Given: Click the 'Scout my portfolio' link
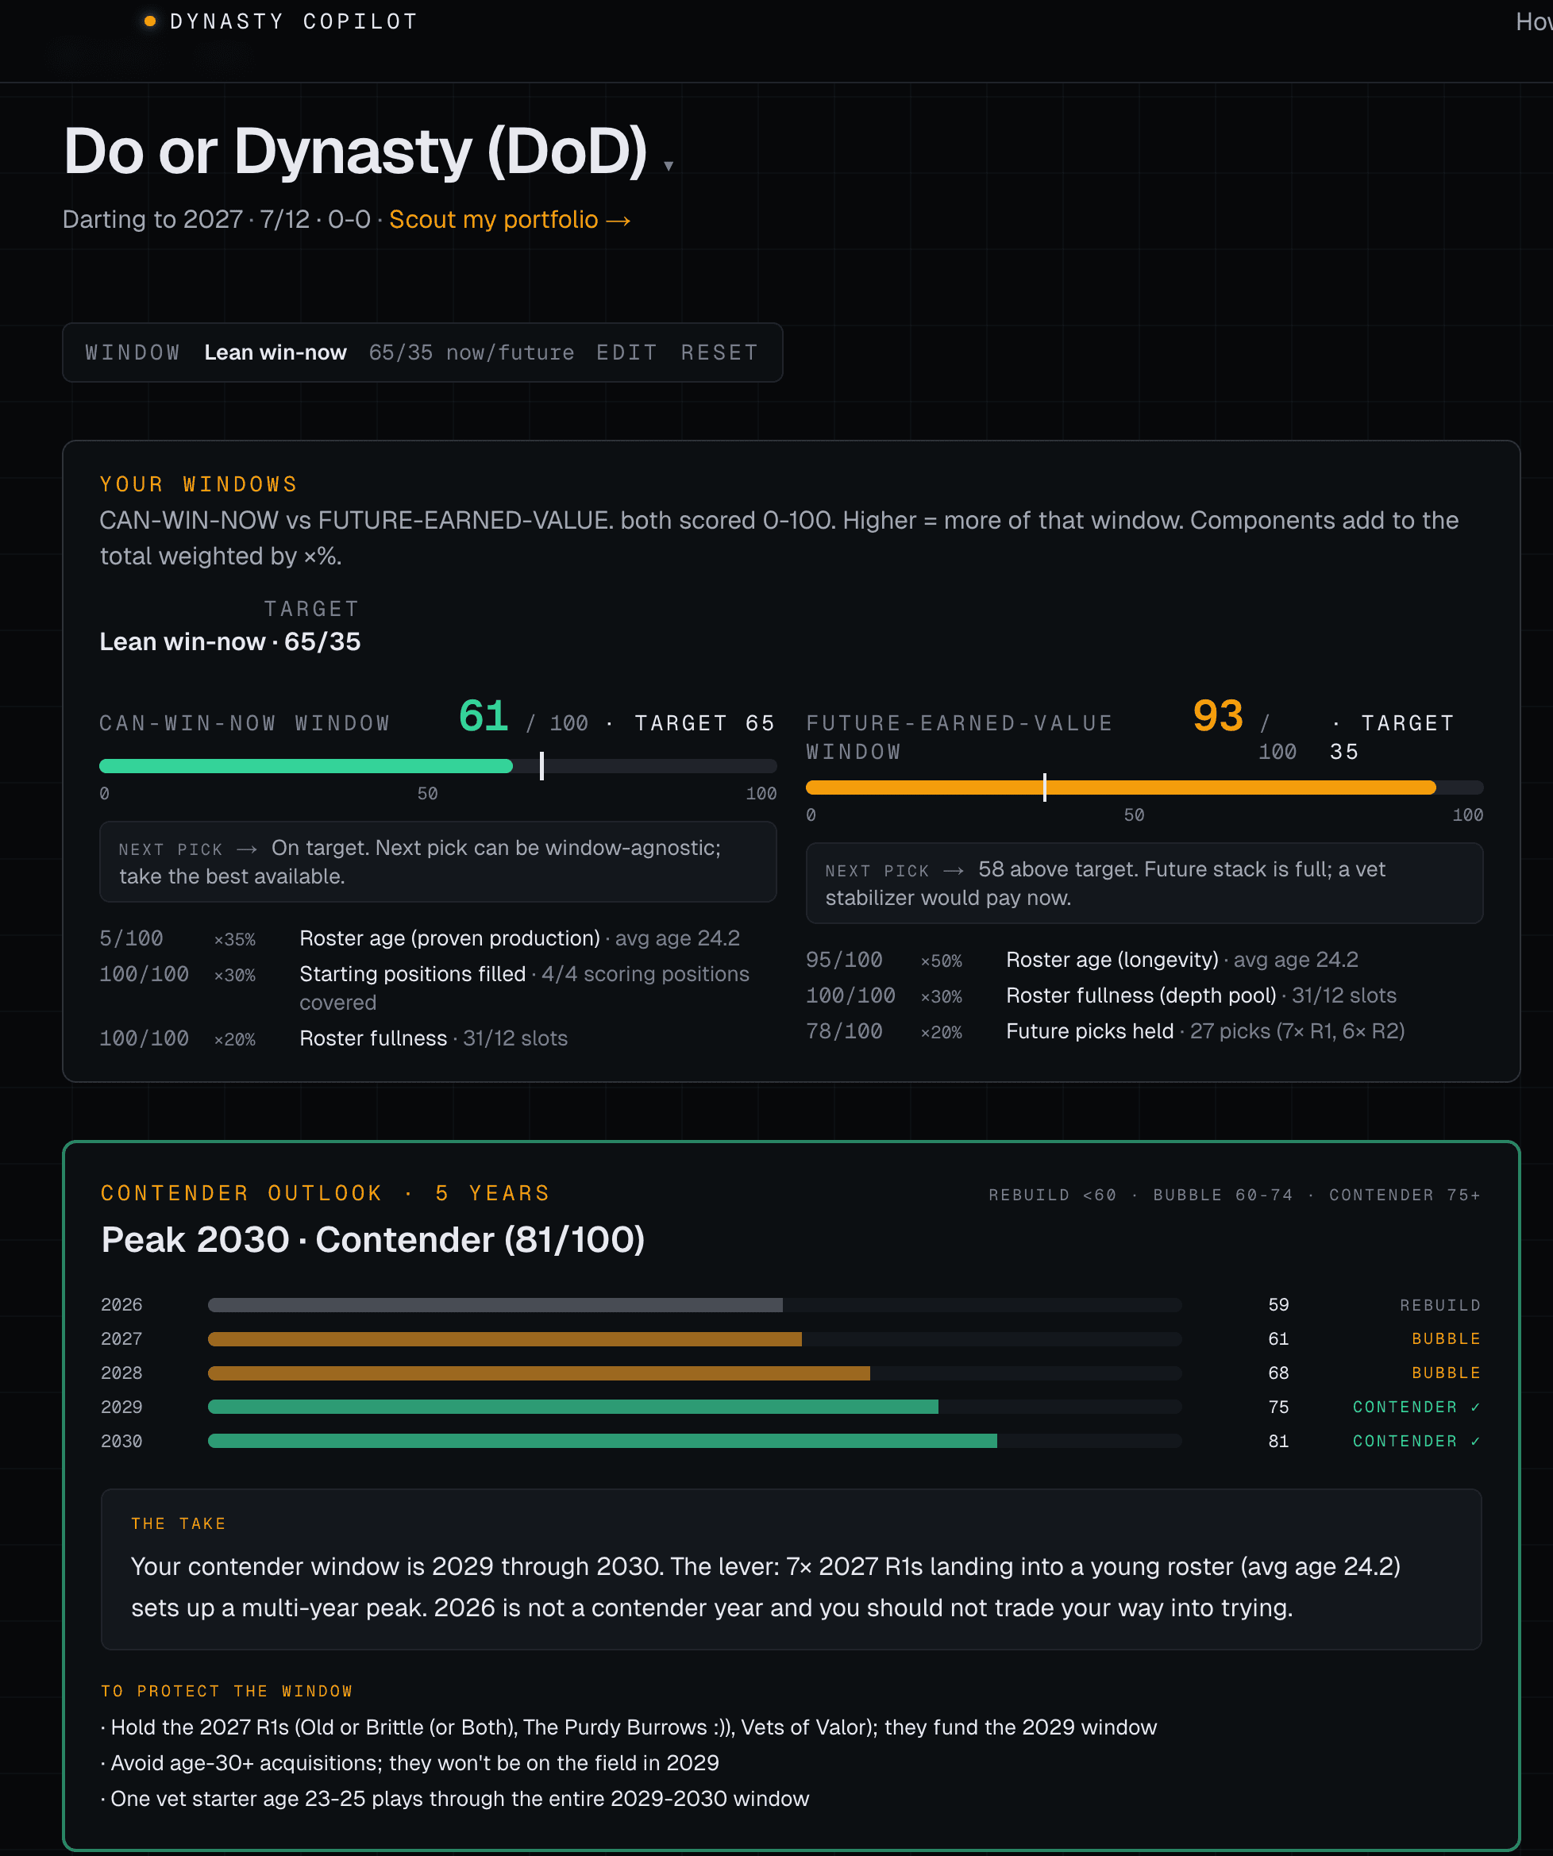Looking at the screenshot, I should click(509, 219).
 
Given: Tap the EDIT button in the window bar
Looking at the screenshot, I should click(626, 352).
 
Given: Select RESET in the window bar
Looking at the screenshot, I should click(719, 352).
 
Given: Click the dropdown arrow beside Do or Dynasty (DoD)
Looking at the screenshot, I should click(669, 166).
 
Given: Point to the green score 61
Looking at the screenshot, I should click(484, 716).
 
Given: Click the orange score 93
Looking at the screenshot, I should click(1217, 716).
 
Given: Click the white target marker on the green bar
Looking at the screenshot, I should click(541, 766).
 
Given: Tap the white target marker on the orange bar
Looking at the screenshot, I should click(1045, 787).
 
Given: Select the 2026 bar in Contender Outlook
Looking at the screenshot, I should click(495, 1305).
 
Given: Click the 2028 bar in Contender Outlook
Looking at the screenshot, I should click(538, 1373).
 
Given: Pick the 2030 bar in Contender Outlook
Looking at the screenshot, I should click(602, 1442).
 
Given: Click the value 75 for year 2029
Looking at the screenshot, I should click(1278, 1407).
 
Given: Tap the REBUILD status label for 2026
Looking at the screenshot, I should click(1440, 1305).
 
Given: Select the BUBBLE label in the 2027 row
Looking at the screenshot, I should click(1445, 1339).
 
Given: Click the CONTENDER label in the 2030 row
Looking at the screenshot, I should click(1405, 1442).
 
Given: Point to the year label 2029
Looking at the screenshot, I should click(121, 1407).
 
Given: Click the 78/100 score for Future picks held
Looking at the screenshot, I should click(844, 1031).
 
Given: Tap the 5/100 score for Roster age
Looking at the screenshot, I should click(131, 938).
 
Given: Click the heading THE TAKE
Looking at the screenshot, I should click(179, 1523).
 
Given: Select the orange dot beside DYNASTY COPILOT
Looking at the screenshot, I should click(150, 21).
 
